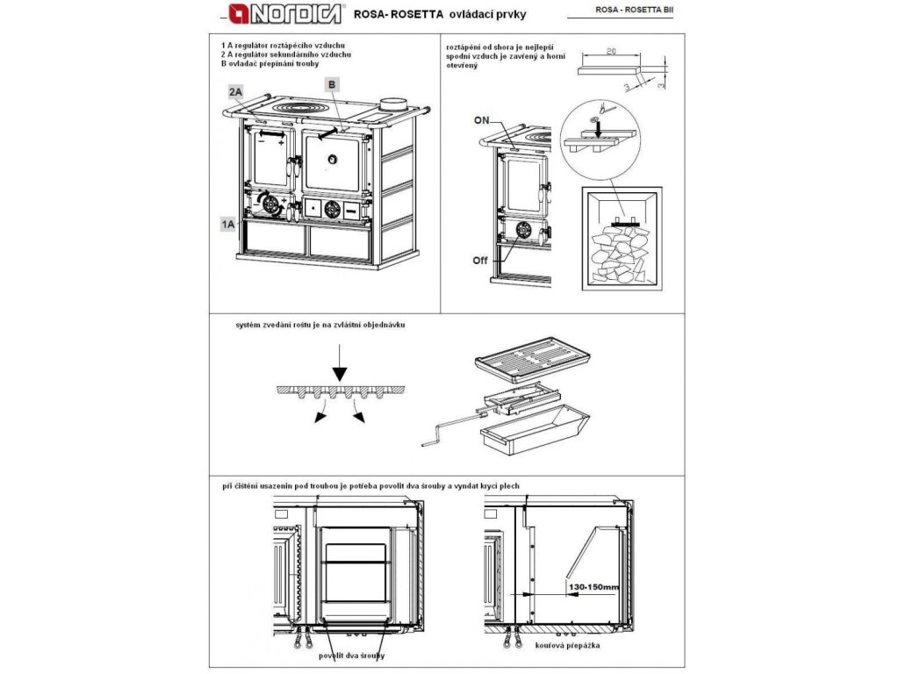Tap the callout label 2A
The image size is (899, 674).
pyautogui.click(x=235, y=91)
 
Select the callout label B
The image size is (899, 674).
pyautogui.click(x=332, y=84)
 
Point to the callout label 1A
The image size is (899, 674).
pyautogui.click(x=228, y=225)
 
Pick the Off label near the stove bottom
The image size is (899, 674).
pyautogui.click(x=479, y=261)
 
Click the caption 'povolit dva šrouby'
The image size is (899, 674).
pyautogui.click(x=349, y=656)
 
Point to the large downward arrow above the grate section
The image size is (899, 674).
pyautogui.click(x=342, y=360)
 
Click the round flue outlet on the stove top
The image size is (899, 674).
pyautogui.click(x=393, y=103)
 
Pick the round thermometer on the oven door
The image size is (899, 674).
pyautogui.click(x=333, y=159)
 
